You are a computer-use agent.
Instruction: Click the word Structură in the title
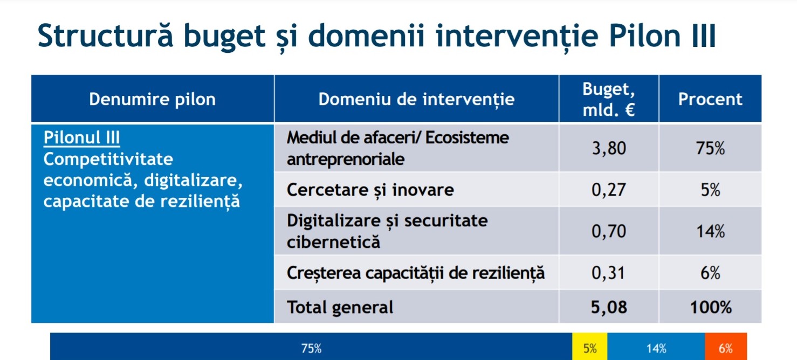[105, 36]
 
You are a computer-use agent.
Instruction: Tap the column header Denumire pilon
[152, 99]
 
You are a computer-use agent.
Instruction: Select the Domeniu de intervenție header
[416, 99]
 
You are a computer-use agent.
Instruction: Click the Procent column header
[710, 99]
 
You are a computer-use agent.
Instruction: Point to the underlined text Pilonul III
[81, 137]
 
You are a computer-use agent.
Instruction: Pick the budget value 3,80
[609, 148]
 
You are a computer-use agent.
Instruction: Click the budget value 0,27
[609, 190]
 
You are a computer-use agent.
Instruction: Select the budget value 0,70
[609, 231]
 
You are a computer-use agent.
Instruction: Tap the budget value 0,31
[608, 273]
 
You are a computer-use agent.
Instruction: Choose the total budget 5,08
[609, 307]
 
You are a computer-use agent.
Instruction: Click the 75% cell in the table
[710, 148]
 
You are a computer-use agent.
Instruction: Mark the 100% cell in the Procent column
[711, 307]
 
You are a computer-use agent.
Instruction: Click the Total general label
[340, 307]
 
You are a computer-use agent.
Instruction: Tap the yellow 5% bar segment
[589, 347]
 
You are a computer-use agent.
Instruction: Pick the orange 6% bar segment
[726, 347]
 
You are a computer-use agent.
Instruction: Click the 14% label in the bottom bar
[656, 348]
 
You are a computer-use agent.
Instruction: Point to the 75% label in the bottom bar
[311, 348]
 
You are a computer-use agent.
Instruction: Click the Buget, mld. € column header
[609, 99]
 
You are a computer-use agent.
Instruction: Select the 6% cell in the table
[710, 273]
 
